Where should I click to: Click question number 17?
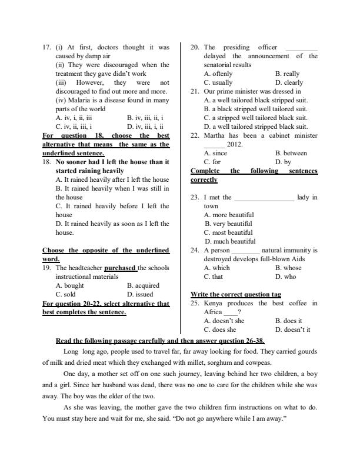(x=47, y=47)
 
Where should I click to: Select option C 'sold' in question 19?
(x=65, y=294)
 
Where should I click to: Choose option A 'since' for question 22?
(x=215, y=153)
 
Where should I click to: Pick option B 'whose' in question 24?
(x=288, y=268)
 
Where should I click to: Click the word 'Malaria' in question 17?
(x=77, y=100)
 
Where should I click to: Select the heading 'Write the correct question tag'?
(x=236, y=294)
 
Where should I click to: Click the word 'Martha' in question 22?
(x=214, y=135)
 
